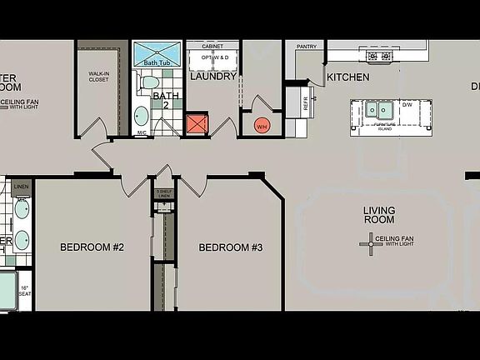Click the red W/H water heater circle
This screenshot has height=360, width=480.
click(262, 126)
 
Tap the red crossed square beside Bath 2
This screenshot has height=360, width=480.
click(198, 124)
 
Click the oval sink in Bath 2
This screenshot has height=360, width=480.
click(142, 116)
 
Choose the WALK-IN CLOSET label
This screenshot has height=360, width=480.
click(100, 77)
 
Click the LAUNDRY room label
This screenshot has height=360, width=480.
click(212, 77)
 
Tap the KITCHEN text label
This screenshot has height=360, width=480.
click(348, 77)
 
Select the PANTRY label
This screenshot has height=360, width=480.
click(307, 47)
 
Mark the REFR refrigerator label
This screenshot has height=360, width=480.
click(305, 106)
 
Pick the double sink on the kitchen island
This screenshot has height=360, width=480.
click(377, 109)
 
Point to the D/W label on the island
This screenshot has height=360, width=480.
click(407, 106)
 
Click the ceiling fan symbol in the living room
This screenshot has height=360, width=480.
click(371, 242)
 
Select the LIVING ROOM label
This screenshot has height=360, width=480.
click(379, 215)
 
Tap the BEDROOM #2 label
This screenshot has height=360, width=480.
click(92, 247)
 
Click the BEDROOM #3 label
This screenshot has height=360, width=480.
click(231, 247)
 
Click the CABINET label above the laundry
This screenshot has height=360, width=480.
click(212, 47)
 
